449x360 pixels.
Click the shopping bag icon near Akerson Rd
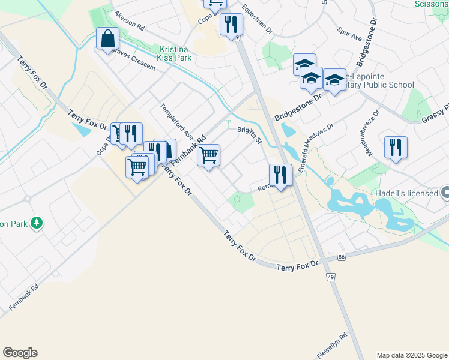pyautogui.click(x=107, y=39)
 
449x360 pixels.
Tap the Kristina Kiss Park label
pyautogui.click(x=174, y=53)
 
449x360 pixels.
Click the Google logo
pyautogui.click(x=20, y=353)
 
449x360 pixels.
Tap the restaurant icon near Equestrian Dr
pyautogui.click(x=231, y=25)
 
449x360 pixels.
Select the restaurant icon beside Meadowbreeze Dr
pyautogui.click(x=396, y=148)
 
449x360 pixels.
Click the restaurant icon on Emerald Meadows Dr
pyautogui.click(x=280, y=175)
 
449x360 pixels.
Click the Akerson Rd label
pyautogui.click(x=129, y=23)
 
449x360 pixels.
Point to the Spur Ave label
pyautogui.click(x=349, y=34)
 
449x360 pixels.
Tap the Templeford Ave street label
pyautogui.click(x=176, y=121)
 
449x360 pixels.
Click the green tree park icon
pyautogui.click(x=37, y=223)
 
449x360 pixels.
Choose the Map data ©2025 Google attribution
pyautogui.click(x=412, y=355)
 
